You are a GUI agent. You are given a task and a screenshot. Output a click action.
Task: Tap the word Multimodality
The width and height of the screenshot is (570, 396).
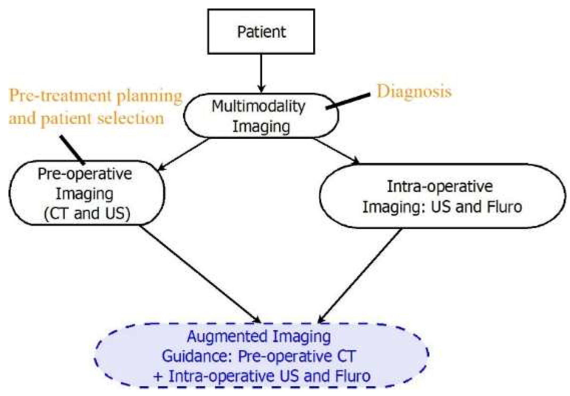[x=258, y=106]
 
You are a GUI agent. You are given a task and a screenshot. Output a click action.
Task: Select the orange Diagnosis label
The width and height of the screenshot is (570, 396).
[x=414, y=91]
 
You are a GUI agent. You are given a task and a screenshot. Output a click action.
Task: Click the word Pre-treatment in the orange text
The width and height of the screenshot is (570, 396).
[x=60, y=95]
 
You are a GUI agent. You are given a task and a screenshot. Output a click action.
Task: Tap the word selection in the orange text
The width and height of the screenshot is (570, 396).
[x=130, y=118]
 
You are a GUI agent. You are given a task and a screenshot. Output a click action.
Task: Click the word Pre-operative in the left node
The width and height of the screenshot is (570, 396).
[x=85, y=174]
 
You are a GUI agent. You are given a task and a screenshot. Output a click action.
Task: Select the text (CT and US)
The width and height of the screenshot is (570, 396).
[x=87, y=213]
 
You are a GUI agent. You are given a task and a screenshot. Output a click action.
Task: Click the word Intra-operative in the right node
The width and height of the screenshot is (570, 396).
[x=440, y=186]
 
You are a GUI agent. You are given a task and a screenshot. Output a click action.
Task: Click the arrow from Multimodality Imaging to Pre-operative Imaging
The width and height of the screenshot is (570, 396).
[x=184, y=154]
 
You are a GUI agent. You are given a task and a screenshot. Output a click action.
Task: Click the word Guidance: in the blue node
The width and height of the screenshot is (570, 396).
[x=197, y=356]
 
